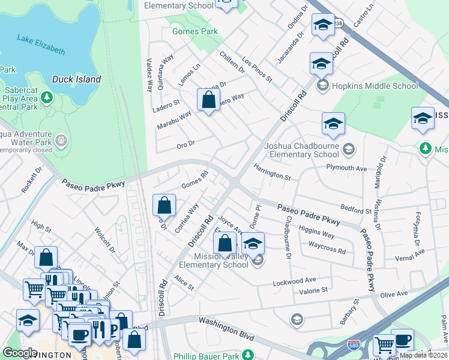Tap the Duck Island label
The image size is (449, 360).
coord(76,79)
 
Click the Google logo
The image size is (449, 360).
coord(20,352)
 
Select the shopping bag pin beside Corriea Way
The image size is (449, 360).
coord(164,206)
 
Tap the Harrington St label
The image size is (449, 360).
coord(271,172)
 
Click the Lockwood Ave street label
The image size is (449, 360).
coord(294,281)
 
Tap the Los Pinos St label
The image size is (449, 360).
coord(257,70)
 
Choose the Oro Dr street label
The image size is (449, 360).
coord(185,144)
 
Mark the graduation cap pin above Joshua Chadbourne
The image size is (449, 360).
coord(333,124)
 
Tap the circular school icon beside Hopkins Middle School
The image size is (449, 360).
coord(323,86)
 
